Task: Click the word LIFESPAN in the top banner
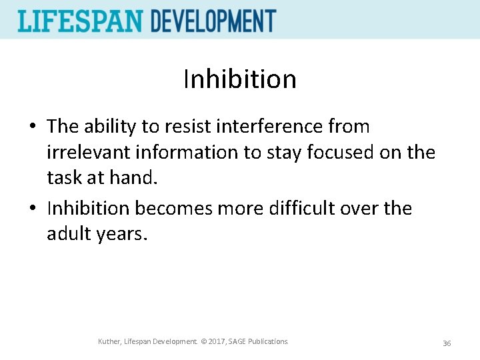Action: pos(81,21)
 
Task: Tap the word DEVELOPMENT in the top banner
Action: pos(213,21)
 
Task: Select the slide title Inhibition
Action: pos(240,79)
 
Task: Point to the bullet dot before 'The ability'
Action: pos(33,127)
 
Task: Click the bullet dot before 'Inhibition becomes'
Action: pos(33,209)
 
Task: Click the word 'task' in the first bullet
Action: pos(62,178)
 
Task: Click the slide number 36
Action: pos(447,343)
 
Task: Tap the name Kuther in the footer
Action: pos(110,341)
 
